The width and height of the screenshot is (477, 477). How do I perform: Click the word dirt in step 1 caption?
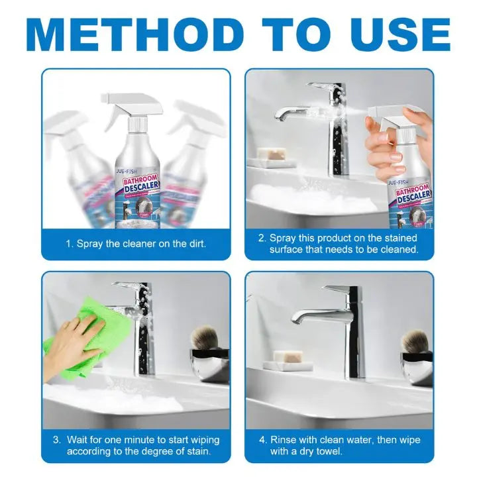coord(193,243)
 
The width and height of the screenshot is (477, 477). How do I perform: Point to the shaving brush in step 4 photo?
coord(415,341)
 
